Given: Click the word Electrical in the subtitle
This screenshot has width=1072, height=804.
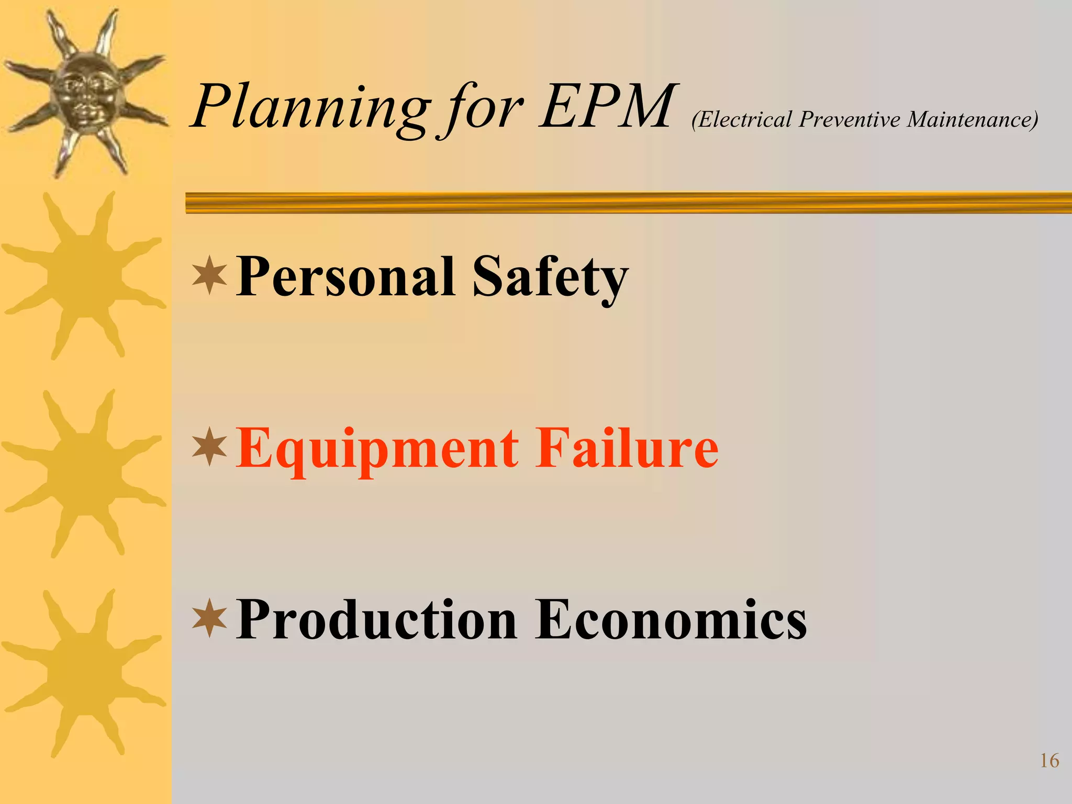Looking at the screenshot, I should [744, 119].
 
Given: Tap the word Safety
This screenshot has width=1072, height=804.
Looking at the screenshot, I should [550, 277].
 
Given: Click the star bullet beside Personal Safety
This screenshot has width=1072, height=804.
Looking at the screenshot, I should [209, 275].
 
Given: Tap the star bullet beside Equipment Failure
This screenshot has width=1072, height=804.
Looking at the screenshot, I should [209, 446].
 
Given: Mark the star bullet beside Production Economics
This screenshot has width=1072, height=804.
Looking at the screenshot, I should [209, 618].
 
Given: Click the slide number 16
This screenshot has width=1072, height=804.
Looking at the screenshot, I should [1049, 761].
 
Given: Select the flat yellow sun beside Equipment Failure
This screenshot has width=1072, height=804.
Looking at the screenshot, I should [84, 474].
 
